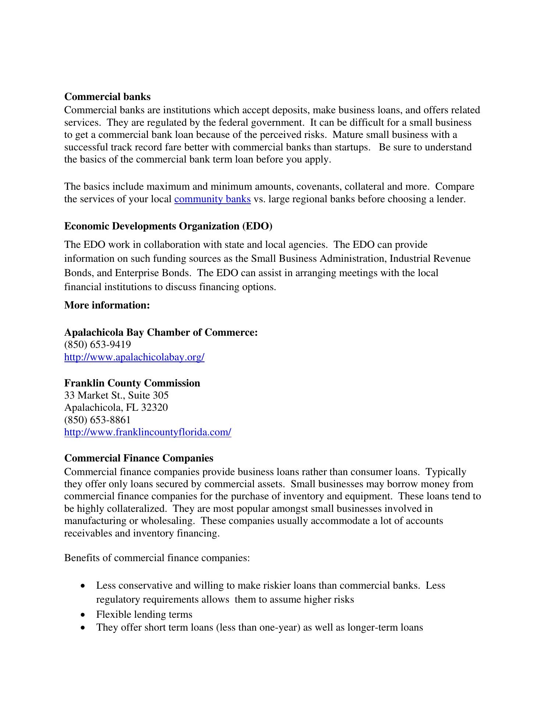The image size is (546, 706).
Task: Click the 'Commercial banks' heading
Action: point(107,97)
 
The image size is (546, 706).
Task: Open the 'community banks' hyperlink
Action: point(212,199)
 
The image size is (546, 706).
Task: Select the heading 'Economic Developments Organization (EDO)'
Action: point(168,226)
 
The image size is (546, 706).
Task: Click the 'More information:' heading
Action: point(107,305)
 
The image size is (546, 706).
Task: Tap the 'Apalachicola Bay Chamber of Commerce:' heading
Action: point(161,332)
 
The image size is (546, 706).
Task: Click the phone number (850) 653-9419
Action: point(97,345)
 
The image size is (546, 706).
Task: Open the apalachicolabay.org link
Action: point(134,357)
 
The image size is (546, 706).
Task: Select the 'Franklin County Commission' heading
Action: point(132,383)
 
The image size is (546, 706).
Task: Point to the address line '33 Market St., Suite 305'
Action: point(116,395)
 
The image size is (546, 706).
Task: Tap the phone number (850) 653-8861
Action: point(97,420)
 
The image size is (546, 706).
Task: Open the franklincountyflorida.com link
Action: point(148,432)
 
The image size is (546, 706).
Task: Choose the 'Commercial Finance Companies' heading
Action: point(139,458)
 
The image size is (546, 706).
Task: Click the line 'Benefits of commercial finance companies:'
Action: point(157,558)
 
